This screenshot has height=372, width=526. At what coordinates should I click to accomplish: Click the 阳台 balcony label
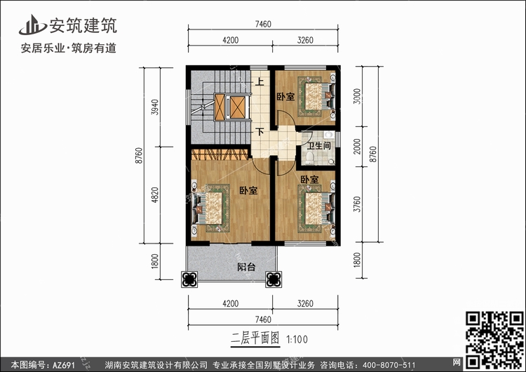(x=246, y=267)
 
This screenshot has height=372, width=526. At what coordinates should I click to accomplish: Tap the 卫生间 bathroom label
(x=318, y=146)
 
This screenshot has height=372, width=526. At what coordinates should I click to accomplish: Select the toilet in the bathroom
(x=309, y=158)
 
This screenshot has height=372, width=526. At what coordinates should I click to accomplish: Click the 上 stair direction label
(x=259, y=81)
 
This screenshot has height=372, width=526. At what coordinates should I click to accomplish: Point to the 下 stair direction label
(x=259, y=131)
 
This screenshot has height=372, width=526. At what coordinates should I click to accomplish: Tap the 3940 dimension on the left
(x=155, y=107)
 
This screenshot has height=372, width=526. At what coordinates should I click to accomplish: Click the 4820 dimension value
(x=155, y=195)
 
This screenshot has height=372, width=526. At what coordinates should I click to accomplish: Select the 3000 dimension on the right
(x=358, y=96)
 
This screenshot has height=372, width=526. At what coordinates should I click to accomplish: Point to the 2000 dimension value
(x=358, y=147)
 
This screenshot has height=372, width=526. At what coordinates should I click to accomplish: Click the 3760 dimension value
(x=358, y=204)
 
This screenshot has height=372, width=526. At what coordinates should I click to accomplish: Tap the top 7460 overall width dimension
(x=263, y=24)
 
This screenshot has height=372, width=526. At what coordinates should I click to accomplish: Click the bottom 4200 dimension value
(x=231, y=303)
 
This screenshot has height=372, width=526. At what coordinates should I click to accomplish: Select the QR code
(x=495, y=340)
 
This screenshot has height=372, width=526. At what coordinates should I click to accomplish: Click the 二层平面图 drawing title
(x=255, y=338)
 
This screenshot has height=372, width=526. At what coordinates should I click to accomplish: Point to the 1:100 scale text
(x=297, y=340)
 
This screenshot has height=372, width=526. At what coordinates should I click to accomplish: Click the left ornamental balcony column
(x=189, y=279)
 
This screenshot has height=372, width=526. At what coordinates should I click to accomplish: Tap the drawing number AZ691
(x=63, y=365)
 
